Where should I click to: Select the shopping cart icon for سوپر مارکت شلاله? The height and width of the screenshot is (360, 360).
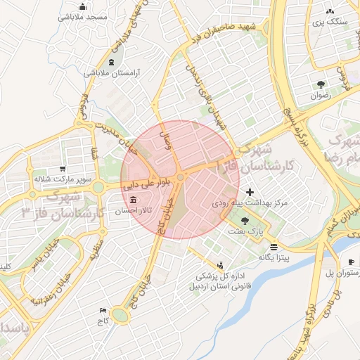click(63, 169)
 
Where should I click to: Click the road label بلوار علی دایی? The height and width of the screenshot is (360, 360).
click(146, 187)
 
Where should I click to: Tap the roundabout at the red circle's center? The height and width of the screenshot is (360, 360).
click(181, 179)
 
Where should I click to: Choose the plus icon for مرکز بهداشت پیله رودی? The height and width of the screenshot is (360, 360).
click(250, 192)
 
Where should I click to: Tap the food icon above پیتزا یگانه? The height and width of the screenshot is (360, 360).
click(274, 247)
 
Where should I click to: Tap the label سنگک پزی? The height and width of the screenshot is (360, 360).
click(330, 22)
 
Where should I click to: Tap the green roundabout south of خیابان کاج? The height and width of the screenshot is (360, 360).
click(121, 316)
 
